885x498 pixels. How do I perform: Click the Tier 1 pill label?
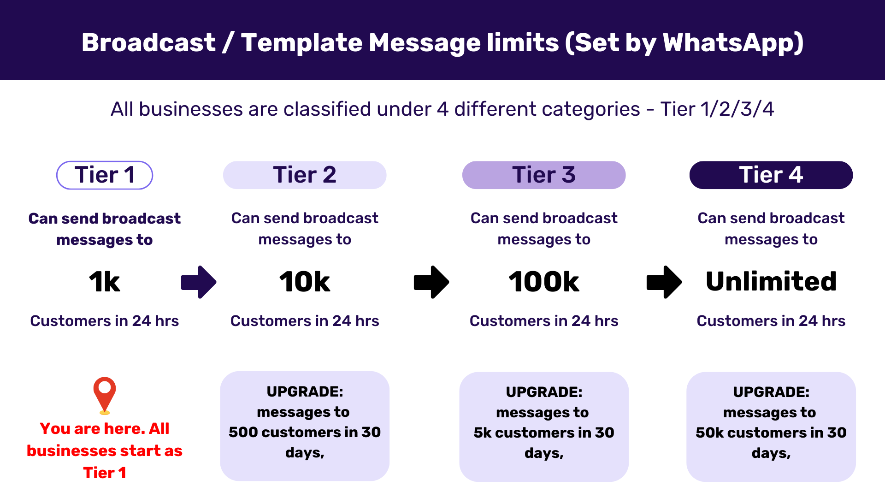click(x=105, y=175)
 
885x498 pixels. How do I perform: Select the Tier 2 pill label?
click(x=305, y=175)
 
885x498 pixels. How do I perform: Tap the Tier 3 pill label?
click(x=544, y=175)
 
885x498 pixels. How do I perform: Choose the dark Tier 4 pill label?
click(x=771, y=175)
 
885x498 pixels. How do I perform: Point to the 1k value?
click(x=105, y=282)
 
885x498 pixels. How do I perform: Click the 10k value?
click(x=305, y=282)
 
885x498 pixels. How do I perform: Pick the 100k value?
click(x=544, y=282)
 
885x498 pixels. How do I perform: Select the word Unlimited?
click(x=771, y=281)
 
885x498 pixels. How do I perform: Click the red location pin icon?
click(x=105, y=394)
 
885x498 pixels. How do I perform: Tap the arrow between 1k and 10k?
click(x=199, y=282)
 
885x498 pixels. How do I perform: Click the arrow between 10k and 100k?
click(x=431, y=282)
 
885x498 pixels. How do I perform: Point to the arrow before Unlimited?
click(x=664, y=282)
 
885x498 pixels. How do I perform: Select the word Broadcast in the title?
click(x=148, y=42)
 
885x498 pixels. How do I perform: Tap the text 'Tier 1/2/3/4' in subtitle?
click(x=717, y=109)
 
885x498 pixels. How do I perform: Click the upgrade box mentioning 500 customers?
click(x=305, y=426)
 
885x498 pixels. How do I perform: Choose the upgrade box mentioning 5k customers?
click(x=544, y=427)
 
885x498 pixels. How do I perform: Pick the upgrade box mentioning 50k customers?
click(x=771, y=427)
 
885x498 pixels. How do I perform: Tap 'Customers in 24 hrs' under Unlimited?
click(x=771, y=321)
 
